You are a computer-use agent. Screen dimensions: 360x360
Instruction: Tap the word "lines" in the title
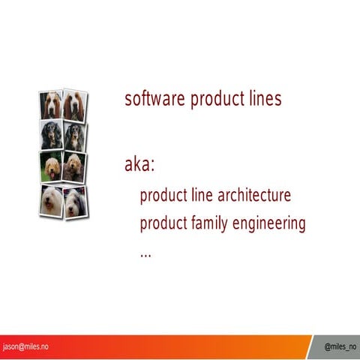point(262,99)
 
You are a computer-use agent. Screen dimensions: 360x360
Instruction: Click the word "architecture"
point(253,196)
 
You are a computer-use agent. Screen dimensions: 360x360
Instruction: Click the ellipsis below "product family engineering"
point(145,253)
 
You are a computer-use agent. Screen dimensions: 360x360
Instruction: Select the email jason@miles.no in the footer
point(27,346)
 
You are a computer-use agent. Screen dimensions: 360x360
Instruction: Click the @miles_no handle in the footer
point(340,347)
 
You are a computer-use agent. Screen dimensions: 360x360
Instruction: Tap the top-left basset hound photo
point(52,105)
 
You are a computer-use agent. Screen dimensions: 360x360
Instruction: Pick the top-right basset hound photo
point(74,105)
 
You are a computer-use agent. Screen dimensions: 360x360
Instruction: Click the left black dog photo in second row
point(52,136)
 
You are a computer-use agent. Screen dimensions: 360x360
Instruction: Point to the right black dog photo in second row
point(74,136)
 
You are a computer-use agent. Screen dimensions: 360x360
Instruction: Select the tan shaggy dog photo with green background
point(52,167)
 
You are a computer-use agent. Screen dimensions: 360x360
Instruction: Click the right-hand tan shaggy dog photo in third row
point(74,166)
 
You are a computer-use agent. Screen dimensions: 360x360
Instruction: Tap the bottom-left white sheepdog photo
point(52,200)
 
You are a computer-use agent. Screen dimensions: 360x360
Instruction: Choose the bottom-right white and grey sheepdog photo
point(75,201)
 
